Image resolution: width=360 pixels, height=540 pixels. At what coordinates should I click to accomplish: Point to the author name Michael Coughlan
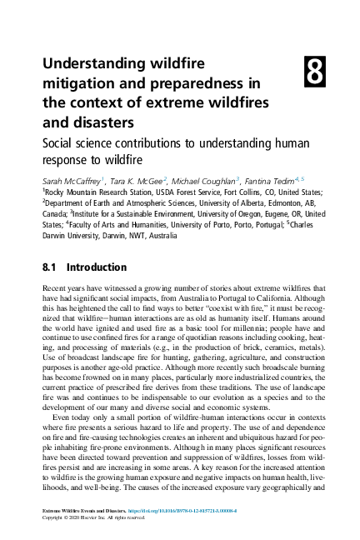[204, 179]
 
